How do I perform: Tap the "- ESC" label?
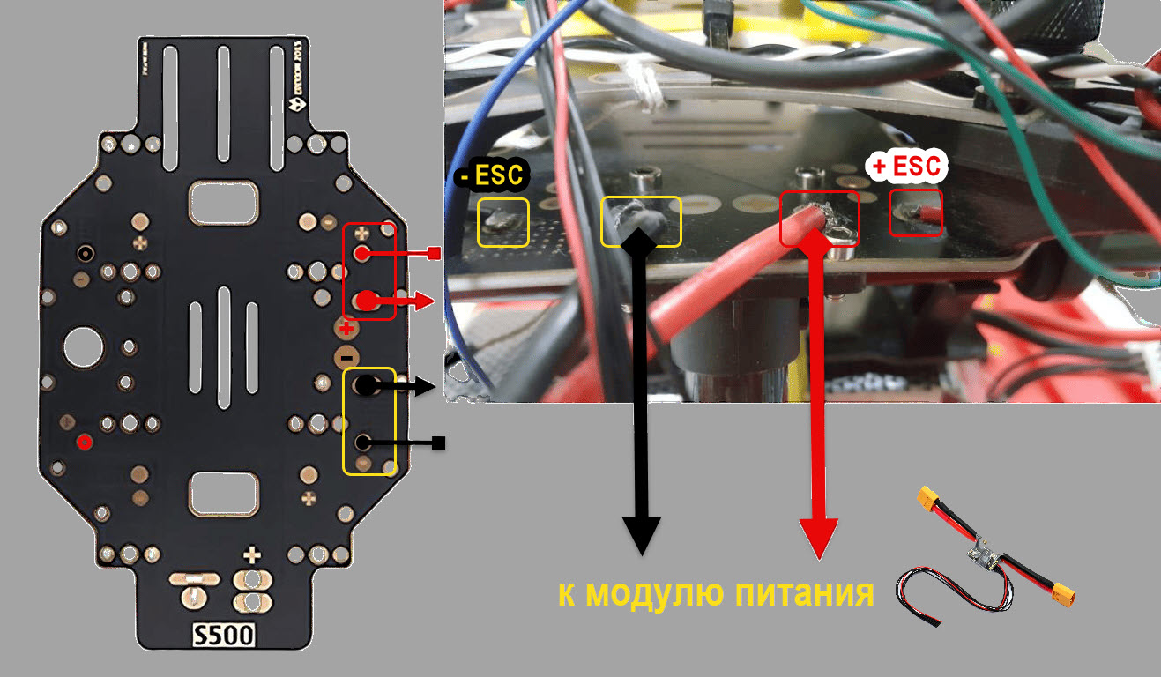[x=490, y=175]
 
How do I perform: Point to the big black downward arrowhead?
[x=642, y=532]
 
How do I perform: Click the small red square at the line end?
[x=433, y=255]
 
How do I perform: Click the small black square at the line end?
[x=438, y=443]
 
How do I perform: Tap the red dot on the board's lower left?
[x=84, y=442]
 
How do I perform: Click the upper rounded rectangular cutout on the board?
[x=224, y=203]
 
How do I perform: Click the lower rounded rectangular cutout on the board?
[x=224, y=494]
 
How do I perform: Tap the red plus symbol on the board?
[x=346, y=330]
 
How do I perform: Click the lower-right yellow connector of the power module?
[x=1064, y=599]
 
